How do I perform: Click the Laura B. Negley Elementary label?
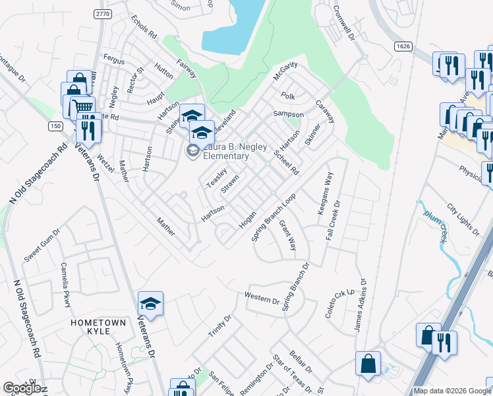click(225, 152)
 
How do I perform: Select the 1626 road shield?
click(404, 46)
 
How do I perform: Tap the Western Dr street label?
click(262, 297)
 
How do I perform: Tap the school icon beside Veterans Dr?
click(151, 304)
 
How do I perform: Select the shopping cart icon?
click(82, 107)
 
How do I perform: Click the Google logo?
click(22, 388)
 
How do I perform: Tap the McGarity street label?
click(286, 69)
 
